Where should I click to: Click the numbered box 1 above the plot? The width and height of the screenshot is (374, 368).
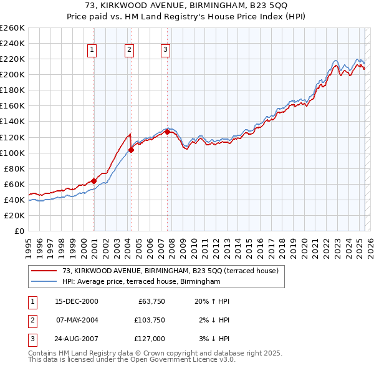[x=92, y=51]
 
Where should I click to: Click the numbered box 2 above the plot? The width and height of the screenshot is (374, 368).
[x=129, y=51]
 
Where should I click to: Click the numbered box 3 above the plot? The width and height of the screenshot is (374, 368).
[x=166, y=51]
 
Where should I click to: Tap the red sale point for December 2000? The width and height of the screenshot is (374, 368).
[x=93, y=181]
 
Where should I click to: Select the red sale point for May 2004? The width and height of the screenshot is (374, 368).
[x=131, y=150]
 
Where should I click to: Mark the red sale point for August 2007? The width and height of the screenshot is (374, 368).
[x=167, y=132]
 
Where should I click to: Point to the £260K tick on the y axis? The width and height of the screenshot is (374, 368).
[x=12, y=28]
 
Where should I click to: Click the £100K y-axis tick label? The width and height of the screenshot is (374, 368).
[x=12, y=153]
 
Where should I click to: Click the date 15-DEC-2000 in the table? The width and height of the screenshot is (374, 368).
[x=77, y=301]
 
